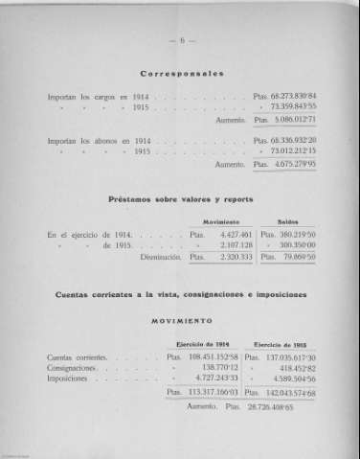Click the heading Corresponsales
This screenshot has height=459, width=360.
click(180, 73)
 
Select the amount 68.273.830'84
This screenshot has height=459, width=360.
click(289, 97)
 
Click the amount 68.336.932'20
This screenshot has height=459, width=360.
click(289, 140)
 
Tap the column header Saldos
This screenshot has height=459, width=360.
click(287, 221)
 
